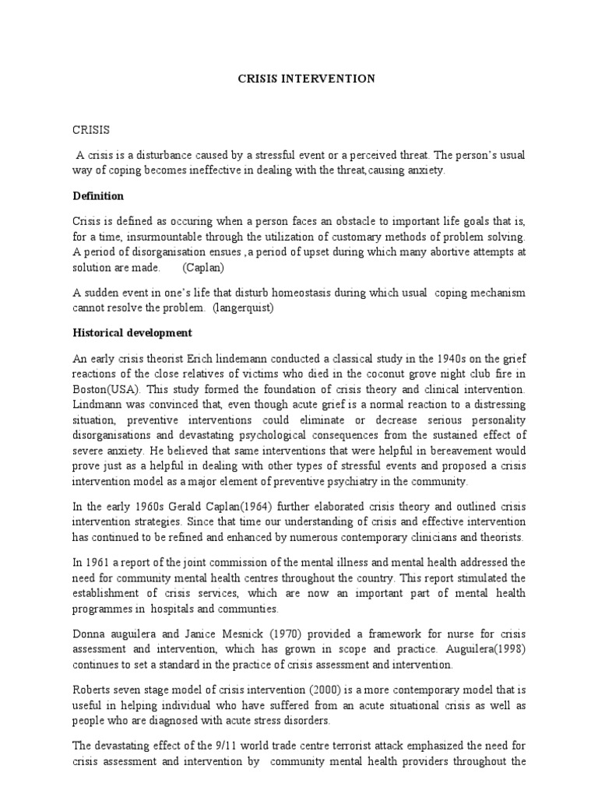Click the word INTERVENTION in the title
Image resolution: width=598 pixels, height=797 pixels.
click(x=336, y=79)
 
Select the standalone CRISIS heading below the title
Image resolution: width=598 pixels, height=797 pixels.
click(x=91, y=129)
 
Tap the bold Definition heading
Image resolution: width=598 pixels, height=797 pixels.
click(x=98, y=195)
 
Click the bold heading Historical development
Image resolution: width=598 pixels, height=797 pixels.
click(x=132, y=332)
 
